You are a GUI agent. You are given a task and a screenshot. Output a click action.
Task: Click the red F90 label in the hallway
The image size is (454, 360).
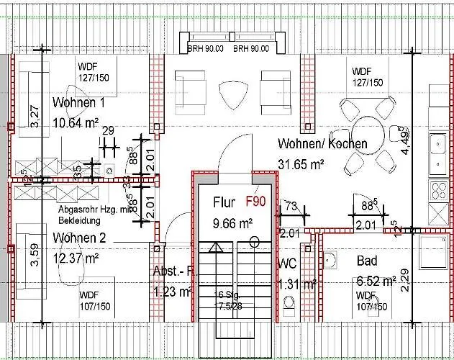pos(256,202)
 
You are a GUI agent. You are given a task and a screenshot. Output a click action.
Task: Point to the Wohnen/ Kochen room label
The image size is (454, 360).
pos(322,144)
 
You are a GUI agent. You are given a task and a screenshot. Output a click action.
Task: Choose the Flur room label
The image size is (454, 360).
pos(224,203)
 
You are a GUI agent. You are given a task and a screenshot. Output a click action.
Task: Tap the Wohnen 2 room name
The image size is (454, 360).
pos(79,238)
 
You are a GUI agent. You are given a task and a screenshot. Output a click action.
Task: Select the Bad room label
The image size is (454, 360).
pos(368,261)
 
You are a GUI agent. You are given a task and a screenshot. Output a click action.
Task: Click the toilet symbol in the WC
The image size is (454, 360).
pos(290,303)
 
